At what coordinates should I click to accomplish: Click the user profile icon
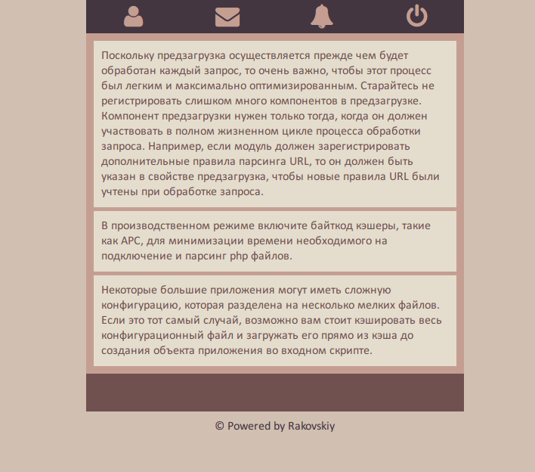(x=134, y=16)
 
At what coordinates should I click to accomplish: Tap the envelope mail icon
(x=227, y=16)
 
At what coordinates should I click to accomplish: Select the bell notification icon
(x=322, y=16)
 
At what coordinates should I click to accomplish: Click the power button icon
(x=416, y=16)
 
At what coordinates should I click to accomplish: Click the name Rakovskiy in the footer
(x=311, y=426)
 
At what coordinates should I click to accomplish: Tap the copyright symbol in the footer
(x=220, y=426)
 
